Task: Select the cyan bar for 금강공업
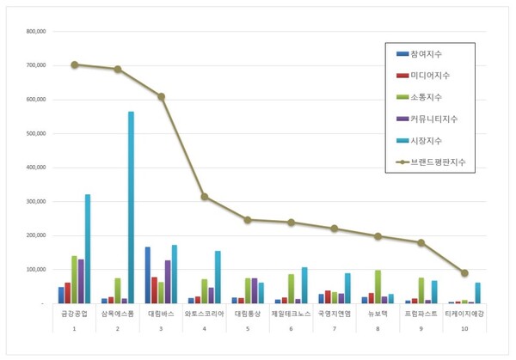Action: pos(88,249)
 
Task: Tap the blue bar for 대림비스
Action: pos(148,275)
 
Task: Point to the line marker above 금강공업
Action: pos(75,64)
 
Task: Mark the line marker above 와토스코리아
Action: pos(204,197)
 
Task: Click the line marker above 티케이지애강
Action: pos(464,273)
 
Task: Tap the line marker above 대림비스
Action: pos(161,96)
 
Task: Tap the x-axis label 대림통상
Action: pos(247,314)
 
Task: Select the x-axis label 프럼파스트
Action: pos(421,314)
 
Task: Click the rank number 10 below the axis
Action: pos(464,328)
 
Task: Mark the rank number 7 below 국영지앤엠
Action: pos(334,328)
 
